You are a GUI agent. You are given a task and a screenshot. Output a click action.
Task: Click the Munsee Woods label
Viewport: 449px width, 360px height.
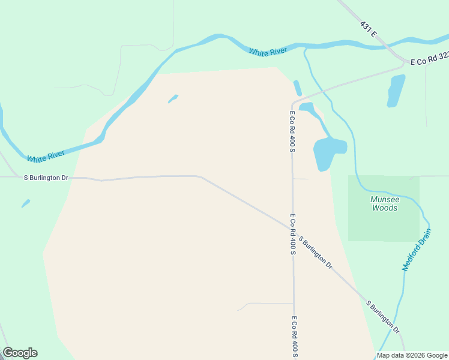click(x=384, y=203)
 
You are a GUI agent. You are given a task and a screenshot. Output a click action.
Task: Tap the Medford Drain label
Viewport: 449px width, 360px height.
click(x=417, y=250)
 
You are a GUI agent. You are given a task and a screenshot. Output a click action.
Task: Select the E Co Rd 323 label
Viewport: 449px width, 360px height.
click(x=430, y=59)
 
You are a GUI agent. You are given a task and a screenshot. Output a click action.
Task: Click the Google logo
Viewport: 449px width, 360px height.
click(x=20, y=353)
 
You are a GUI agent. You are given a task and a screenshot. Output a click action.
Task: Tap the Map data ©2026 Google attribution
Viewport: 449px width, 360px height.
click(x=412, y=355)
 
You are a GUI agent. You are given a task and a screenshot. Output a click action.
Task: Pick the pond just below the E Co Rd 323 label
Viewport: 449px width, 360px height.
click(x=396, y=91)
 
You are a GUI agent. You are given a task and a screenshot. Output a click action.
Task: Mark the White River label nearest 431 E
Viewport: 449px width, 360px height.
click(x=268, y=52)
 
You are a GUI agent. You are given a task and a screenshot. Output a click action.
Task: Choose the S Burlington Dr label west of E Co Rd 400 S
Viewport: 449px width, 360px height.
click(x=46, y=178)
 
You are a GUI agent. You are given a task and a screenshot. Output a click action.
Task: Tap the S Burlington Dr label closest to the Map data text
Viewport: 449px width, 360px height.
click(x=383, y=316)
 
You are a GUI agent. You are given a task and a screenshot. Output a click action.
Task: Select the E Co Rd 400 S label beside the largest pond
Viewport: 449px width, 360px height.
click(x=292, y=131)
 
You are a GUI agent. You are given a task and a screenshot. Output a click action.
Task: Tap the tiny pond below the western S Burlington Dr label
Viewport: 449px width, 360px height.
click(x=25, y=203)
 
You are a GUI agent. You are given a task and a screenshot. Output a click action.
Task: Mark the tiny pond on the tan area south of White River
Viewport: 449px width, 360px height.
click(x=173, y=98)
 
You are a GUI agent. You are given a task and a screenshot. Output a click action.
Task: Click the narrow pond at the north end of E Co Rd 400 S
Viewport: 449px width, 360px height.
click(x=297, y=88)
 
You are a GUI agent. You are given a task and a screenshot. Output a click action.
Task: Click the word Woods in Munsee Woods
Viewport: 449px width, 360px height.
click(x=385, y=208)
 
